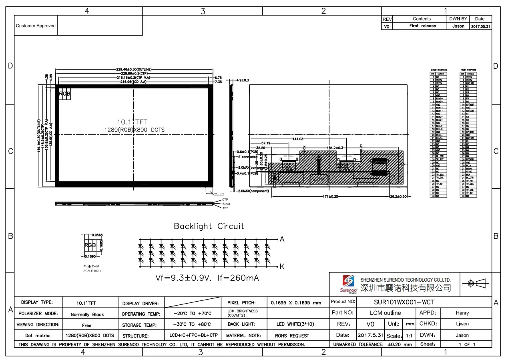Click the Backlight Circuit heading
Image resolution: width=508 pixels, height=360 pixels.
[x=209, y=226]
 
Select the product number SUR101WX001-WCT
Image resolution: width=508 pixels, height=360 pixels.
[x=404, y=302]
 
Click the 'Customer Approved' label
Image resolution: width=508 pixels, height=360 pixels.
[x=36, y=26]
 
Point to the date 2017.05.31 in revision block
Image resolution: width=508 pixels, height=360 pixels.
[x=480, y=26]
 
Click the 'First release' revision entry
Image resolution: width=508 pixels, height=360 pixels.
[x=422, y=26]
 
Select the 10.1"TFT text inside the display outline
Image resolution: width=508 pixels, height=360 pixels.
[x=132, y=122]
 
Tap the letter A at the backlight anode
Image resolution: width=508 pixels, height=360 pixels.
[x=282, y=239]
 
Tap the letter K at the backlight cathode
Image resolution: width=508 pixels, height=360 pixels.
[x=282, y=266]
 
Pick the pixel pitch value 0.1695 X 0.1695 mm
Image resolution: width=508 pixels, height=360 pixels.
[x=296, y=303]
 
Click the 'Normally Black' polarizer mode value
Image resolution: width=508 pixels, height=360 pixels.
[x=87, y=314]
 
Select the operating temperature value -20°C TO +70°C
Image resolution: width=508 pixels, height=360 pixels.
[x=193, y=314]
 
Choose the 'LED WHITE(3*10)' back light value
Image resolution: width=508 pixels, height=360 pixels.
[x=295, y=324]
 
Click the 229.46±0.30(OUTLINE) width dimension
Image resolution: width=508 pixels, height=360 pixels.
[x=134, y=70]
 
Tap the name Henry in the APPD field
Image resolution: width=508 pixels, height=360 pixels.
[x=462, y=313]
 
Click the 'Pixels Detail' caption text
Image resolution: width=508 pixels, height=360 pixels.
[x=91, y=266]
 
